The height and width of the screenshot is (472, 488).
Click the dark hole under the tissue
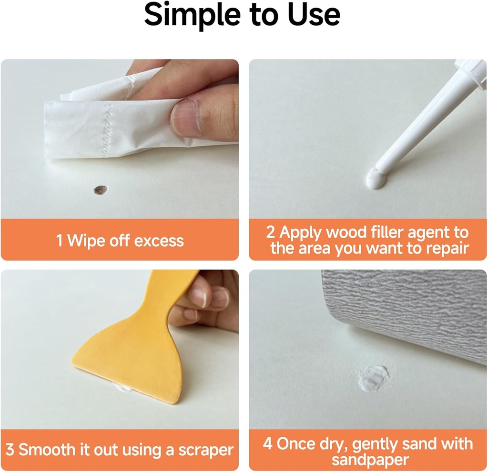pyautogui.click(x=101, y=190)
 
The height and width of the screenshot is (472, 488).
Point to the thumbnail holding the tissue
pyautogui.click(x=183, y=116)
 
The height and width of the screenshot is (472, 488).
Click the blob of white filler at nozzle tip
pyautogui.click(x=376, y=180)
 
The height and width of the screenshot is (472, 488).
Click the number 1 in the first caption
pyautogui.click(x=60, y=241)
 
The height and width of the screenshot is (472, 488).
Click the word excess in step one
pyautogui.click(x=159, y=241)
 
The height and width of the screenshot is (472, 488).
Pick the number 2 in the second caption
pyautogui.click(x=271, y=232)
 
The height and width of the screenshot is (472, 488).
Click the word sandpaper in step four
pyautogui.click(x=370, y=460)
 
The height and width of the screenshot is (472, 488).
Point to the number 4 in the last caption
pyautogui.click(x=268, y=444)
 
